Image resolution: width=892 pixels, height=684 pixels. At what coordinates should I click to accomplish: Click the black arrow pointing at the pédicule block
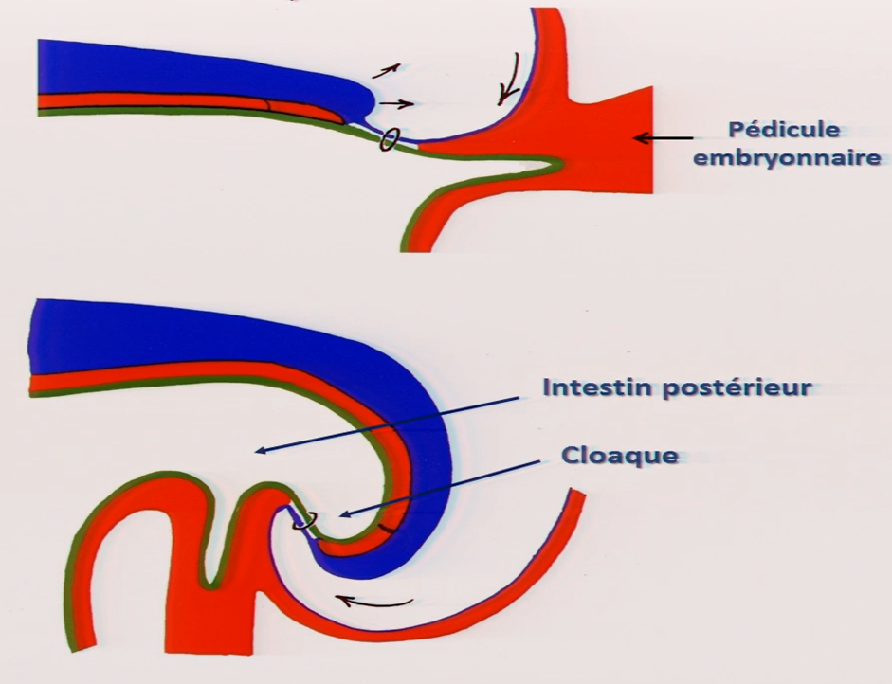pyautogui.click(x=663, y=138)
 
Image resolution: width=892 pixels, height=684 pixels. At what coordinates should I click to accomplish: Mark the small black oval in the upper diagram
pyautogui.click(x=388, y=139)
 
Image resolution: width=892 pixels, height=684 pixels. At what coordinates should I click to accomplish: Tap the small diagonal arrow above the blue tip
pyautogui.click(x=386, y=68)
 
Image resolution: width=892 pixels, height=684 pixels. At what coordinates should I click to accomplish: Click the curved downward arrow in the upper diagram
pyautogui.click(x=510, y=80)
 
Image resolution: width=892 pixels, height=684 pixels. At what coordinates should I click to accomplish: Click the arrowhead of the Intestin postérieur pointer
pyautogui.click(x=259, y=450)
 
